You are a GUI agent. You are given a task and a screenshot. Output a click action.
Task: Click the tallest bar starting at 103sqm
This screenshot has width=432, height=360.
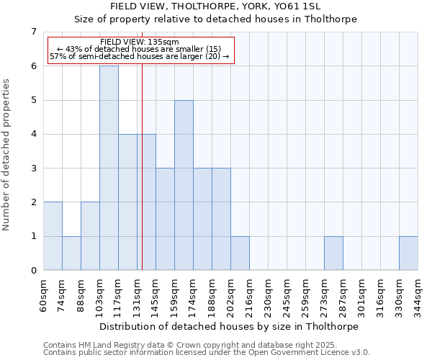[x=109, y=168]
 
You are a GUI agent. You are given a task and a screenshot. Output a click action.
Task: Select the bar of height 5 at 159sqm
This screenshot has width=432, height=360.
[x=184, y=185]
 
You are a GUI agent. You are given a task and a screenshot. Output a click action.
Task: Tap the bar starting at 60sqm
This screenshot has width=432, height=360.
[x=53, y=236]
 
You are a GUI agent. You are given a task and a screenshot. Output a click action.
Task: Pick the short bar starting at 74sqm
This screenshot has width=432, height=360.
[x=71, y=253]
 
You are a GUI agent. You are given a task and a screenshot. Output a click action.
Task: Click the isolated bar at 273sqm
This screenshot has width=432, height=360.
[x=333, y=253]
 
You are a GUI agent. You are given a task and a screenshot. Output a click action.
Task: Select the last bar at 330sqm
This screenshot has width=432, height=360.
[x=408, y=253]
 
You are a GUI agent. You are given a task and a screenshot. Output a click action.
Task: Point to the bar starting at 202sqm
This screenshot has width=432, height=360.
[x=240, y=253]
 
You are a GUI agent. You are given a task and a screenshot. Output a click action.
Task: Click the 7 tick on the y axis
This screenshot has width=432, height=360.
[x=34, y=32]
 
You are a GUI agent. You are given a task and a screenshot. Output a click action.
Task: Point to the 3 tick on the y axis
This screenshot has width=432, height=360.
[x=34, y=168]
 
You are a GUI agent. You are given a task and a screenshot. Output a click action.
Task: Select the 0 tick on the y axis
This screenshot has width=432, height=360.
[x=34, y=271]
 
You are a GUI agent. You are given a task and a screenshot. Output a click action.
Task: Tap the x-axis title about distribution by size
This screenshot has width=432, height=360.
[x=230, y=326]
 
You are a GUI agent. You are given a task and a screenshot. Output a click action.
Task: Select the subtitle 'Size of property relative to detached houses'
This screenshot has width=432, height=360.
[x=216, y=19]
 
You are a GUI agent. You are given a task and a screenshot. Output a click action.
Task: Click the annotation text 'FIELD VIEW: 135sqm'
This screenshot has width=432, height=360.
[x=134, y=42]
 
